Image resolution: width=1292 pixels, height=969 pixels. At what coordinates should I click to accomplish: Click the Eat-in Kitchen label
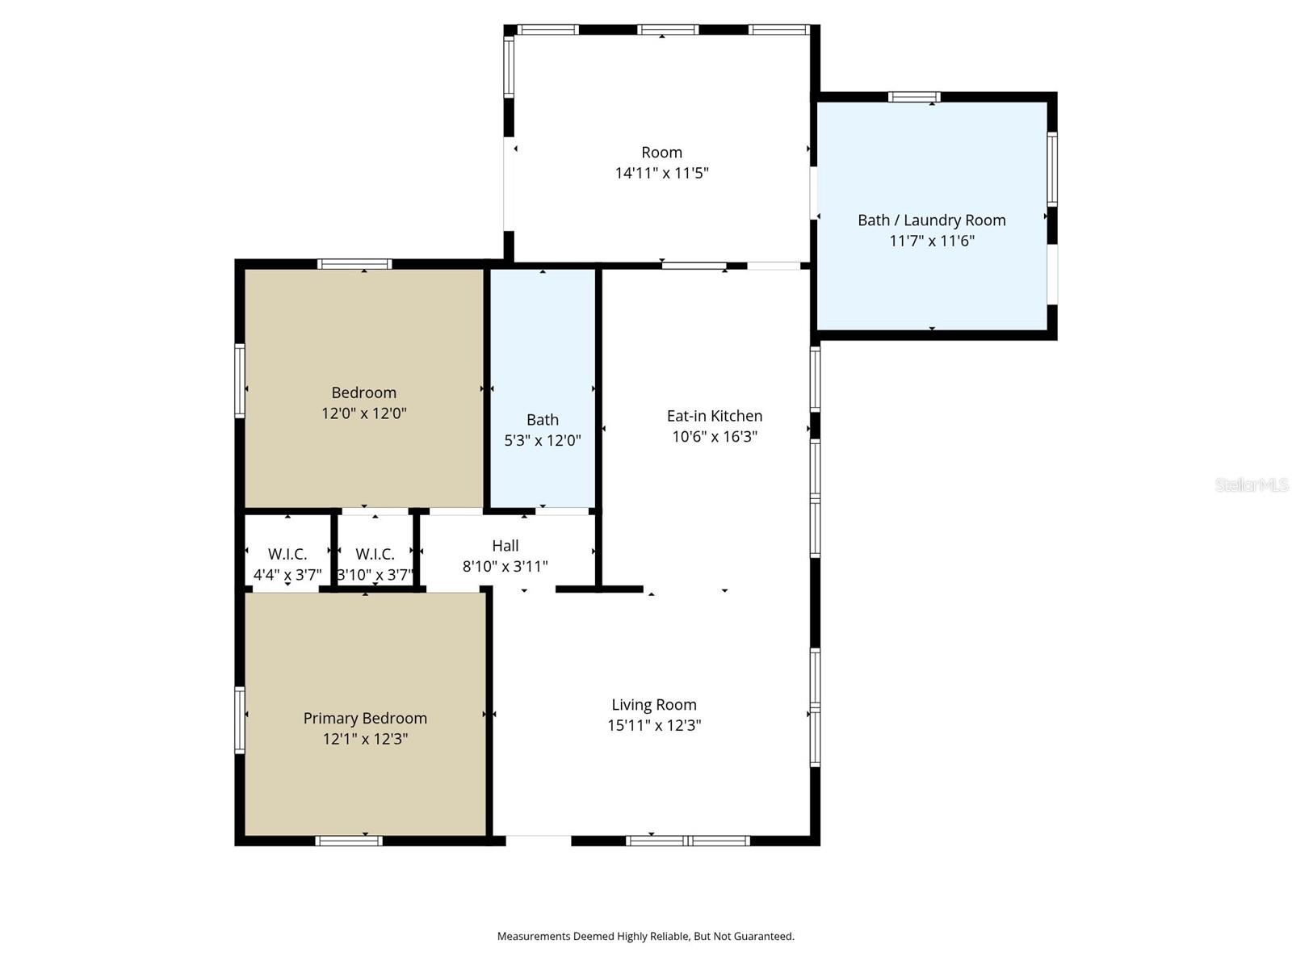click(714, 416)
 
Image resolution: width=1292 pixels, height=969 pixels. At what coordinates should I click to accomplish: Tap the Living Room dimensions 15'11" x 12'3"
click(654, 725)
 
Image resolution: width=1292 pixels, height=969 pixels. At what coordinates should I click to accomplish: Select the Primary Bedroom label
click(365, 718)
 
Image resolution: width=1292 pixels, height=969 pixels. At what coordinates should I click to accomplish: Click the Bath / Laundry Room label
click(931, 220)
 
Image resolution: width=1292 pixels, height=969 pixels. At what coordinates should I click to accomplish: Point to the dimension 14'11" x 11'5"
click(661, 173)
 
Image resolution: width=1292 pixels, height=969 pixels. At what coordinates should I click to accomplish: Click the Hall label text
click(505, 546)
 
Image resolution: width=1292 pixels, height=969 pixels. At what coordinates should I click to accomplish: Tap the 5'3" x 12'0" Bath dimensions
click(542, 440)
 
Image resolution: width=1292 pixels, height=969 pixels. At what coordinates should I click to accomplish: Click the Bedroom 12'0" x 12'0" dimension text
click(363, 413)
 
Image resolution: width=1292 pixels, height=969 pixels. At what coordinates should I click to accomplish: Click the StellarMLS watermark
click(1251, 484)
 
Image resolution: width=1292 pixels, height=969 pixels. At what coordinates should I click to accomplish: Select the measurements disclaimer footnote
click(645, 936)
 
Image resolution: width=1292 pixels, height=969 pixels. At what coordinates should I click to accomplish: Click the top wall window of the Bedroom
click(354, 264)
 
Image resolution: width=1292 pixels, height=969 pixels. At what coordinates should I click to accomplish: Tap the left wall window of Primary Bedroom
click(240, 720)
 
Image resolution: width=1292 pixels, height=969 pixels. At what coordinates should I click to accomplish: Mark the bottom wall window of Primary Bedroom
click(349, 841)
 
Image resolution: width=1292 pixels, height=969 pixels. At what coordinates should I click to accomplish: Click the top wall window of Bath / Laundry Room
click(914, 97)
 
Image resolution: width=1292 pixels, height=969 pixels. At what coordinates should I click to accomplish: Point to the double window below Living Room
click(688, 841)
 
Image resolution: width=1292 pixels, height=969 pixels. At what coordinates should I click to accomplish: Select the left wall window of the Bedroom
click(240, 380)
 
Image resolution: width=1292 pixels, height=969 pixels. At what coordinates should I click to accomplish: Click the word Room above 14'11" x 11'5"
click(661, 153)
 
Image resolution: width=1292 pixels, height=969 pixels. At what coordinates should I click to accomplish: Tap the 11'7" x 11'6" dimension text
click(931, 241)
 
